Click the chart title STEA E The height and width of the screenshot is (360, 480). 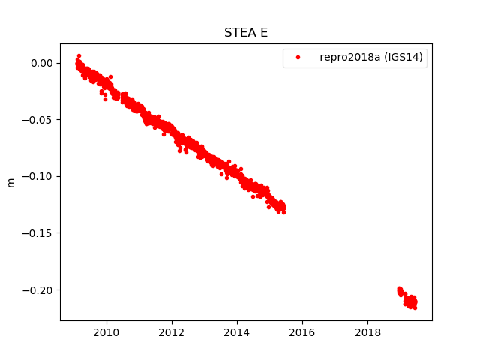pos(245,33)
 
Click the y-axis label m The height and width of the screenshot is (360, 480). pos(11,182)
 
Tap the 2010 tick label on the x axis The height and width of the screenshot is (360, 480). pos(106,332)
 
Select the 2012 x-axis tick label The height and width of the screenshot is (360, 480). pos(172,332)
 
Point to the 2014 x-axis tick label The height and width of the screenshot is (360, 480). pos(237,332)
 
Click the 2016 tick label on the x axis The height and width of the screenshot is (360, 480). pos(302,332)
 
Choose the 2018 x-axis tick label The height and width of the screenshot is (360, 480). pos(367,332)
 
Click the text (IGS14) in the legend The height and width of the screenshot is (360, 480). pos(401,58)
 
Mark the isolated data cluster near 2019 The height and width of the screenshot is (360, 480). pos(408,298)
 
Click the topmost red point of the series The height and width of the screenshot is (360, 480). pos(79,55)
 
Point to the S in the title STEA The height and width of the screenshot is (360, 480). pos(228,33)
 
